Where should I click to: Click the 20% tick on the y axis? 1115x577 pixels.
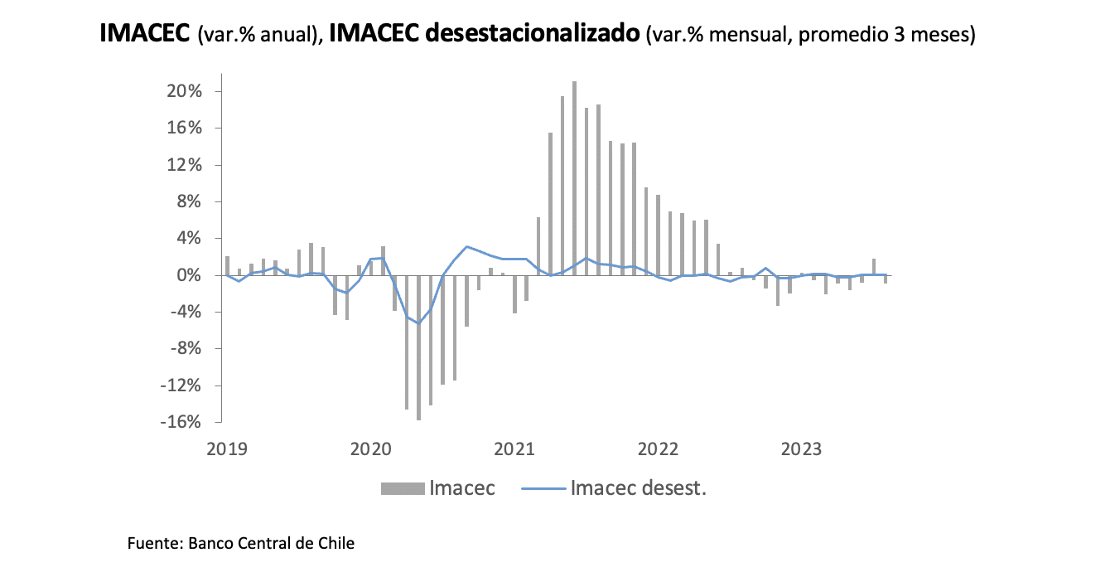pyautogui.click(x=185, y=91)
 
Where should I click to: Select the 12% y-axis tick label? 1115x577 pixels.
pyautogui.click(x=185, y=165)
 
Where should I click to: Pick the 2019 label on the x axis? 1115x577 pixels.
pyautogui.click(x=227, y=449)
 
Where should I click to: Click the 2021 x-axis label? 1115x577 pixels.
pyautogui.click(x=514, y=449)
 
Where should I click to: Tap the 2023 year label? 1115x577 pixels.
pyautogui.click(x=802, y=449)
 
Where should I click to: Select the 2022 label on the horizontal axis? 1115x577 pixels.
pyautogui.click(x=659, y=449)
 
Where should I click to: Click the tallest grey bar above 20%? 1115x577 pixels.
pyautogui.click(x=575, y=177)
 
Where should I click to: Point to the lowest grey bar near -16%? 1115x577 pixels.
pyautogui.click(x=419, y=347)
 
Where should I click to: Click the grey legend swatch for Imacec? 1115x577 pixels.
pyautogui.click(x=402, y=488)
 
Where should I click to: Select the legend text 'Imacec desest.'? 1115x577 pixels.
pyautogui.click(x=638, y=488)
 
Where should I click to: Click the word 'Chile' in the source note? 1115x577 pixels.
pyautogui.click(x=335, y=544)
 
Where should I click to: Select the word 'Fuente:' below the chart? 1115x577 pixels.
pyautogui.click(x=155, y=544)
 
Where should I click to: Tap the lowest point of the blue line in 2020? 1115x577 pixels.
pyautogui.click(x=419, y=323)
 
